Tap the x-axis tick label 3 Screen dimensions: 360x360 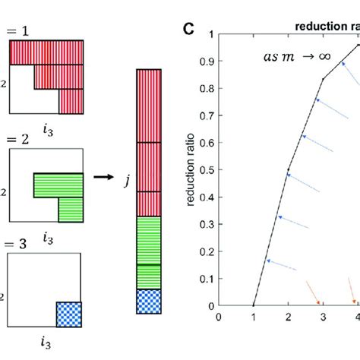click(x=323, y=318)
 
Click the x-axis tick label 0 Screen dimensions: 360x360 click(x=219, y=318)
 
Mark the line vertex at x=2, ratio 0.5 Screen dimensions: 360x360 click(x=289, y=170)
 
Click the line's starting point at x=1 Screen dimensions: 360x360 click(x=254, y=306)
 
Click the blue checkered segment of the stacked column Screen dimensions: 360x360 click(x=150, y=301)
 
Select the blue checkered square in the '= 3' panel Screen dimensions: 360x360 click(x=69, y=312)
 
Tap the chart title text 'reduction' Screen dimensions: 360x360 click(x=319, y=27)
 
